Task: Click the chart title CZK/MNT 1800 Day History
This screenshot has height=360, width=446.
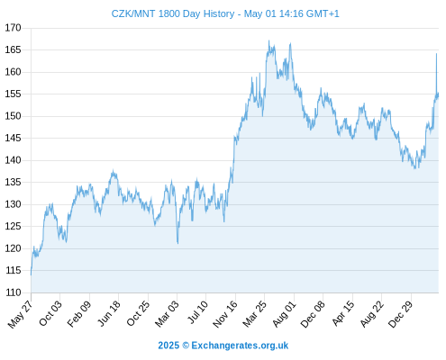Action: [x=173, y=13]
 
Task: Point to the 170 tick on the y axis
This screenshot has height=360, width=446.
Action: [x=13, y=28]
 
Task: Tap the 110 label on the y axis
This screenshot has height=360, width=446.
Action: [x=14, y=292]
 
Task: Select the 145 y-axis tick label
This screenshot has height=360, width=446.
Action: [x=13, y=138]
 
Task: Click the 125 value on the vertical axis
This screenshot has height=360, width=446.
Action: [x=13, y=226]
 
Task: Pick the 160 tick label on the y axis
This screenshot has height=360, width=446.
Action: [x=13, y=72]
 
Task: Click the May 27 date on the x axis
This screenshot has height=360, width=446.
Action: [x=20, y=314]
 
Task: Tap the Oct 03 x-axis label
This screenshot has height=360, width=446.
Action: [x=50, y=313]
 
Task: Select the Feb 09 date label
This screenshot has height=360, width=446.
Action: [x=78, y=313]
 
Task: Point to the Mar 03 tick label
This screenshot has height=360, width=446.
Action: [x=167, y=313]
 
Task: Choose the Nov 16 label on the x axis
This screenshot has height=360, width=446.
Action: [x=225, y=314]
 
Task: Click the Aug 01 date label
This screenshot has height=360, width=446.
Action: [x=284, y=313]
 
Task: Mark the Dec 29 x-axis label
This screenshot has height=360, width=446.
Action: [x=400, y=314]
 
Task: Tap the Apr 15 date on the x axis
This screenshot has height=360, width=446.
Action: [x=343, y=313]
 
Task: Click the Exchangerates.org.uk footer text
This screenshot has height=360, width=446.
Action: [x=240, y=346]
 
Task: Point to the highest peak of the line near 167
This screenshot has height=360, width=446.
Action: [x=269, y=40]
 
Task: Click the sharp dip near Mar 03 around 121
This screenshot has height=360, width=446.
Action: [x=177, y=243]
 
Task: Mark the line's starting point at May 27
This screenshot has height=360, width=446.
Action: [x=31, y=274]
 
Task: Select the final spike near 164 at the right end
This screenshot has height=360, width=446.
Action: [x=436, y=54]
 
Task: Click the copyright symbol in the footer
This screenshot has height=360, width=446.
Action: [x=186, y=346]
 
